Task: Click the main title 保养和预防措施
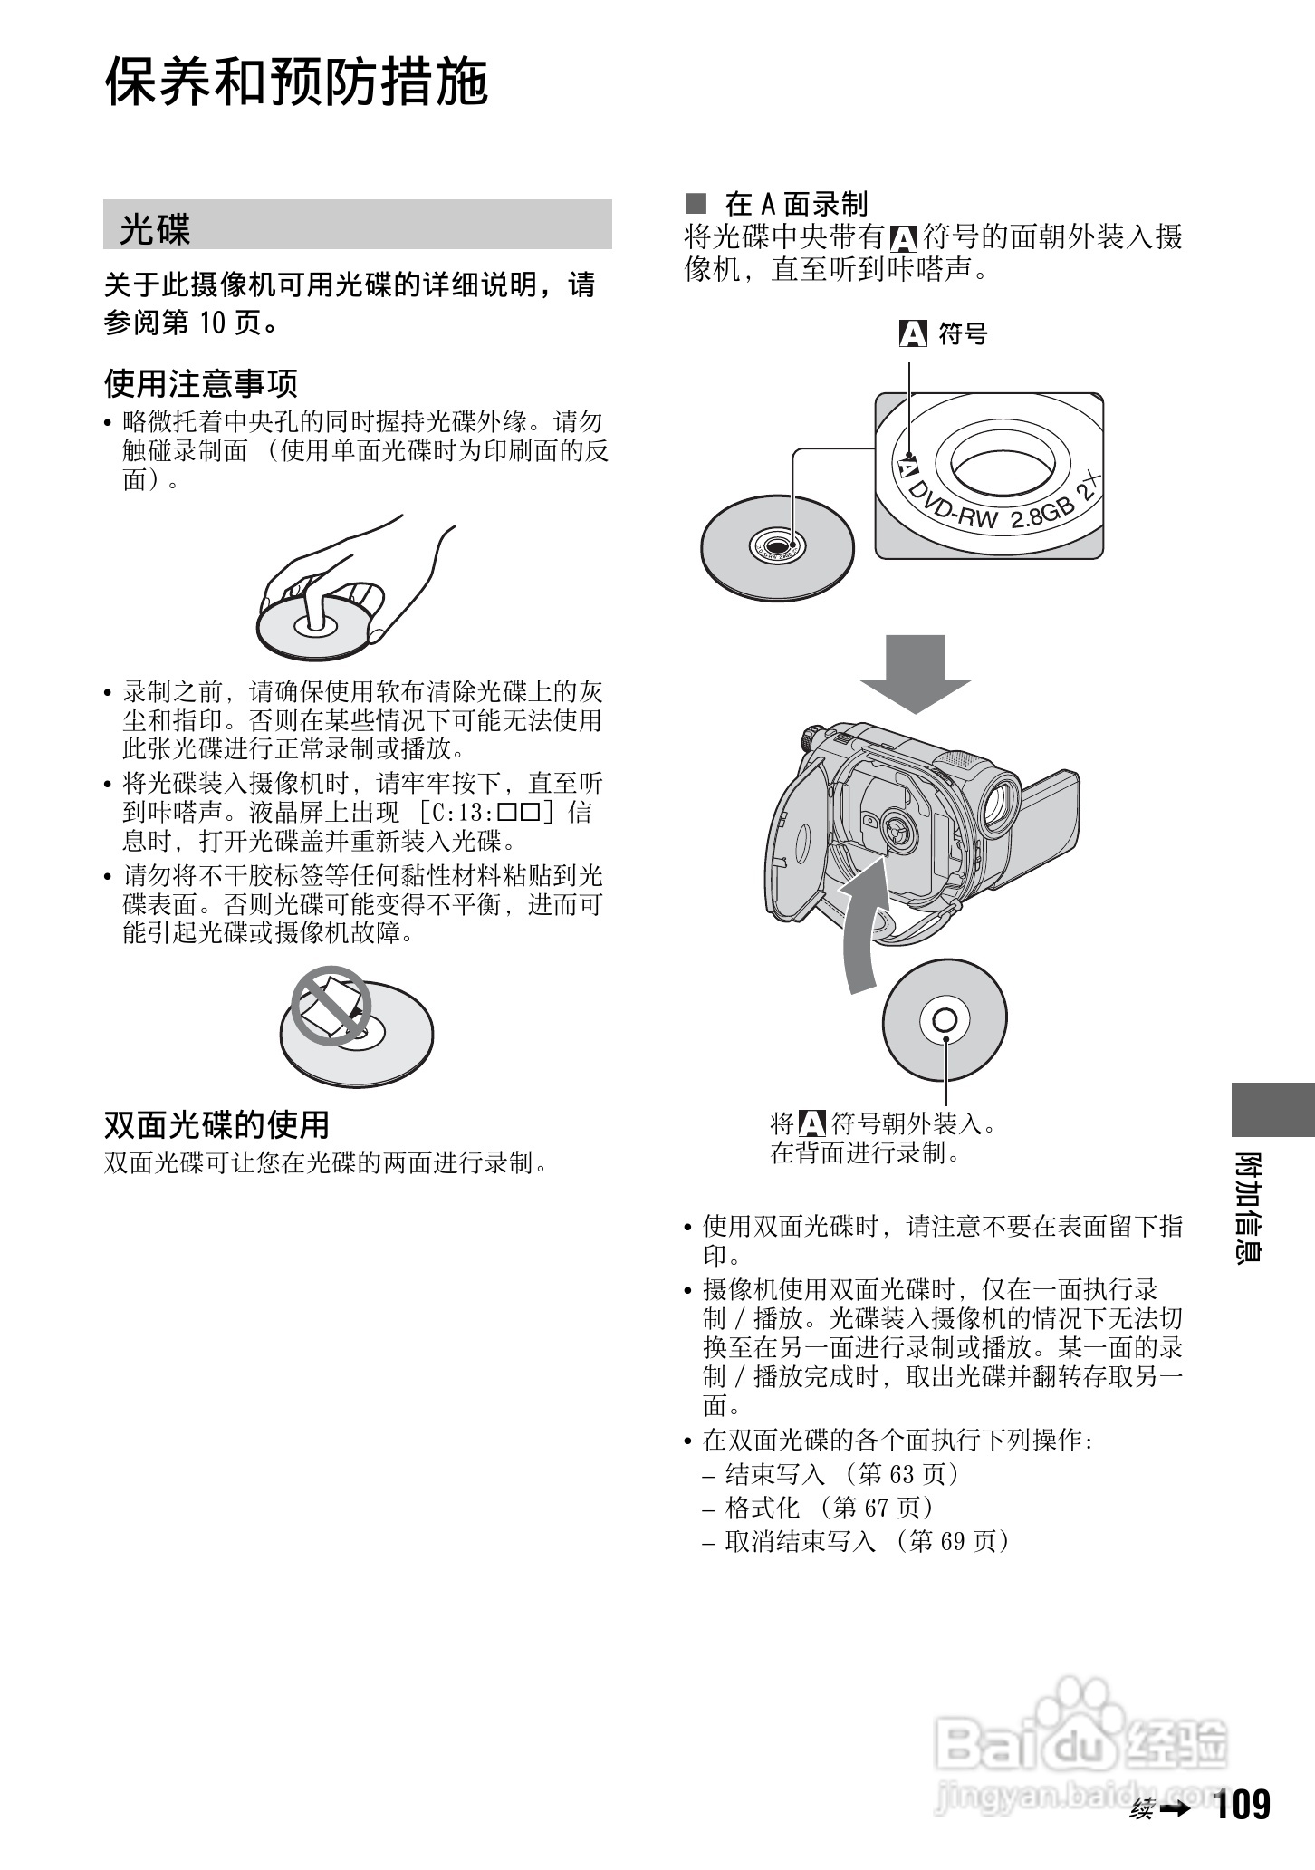pos(296,82)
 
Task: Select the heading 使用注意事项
pos(201,383)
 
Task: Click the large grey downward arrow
pos(915,672)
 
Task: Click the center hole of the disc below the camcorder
pos(944,1020)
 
